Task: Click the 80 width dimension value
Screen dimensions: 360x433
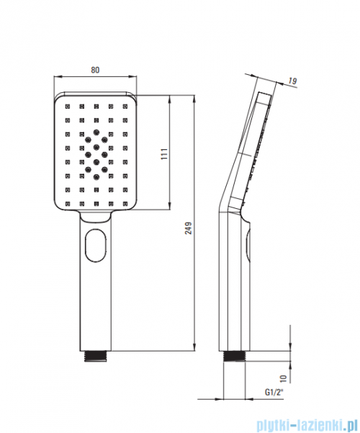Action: (x=95, y=70)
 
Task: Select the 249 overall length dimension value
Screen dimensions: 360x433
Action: (x=189, y=228)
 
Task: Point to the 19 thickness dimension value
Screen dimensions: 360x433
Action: (x=292, y=81)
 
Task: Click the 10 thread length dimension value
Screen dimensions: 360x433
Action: (x=284, y=378)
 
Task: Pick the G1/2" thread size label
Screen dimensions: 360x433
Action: (x=274, y=392)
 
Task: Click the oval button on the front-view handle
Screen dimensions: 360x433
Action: (x=96, y=245)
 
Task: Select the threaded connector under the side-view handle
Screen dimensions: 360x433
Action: (x=235, y=356)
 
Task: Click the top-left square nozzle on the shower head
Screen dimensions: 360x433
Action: (x=68, y=106)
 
